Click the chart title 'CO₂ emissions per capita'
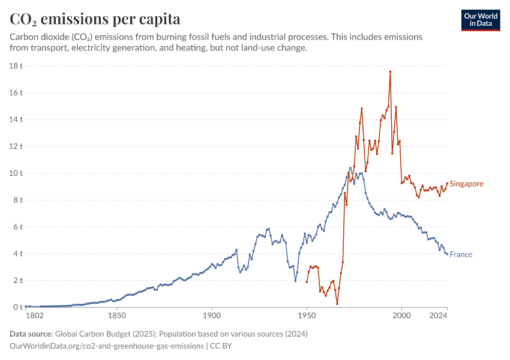click(95, 19)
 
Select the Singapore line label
click(466, 184)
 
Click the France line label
click(461, 254)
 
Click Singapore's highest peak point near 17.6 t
click(390, 71)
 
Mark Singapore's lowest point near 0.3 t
click(337, 304)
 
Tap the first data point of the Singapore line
click(307, 282)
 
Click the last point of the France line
click(447, 254)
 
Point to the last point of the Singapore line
click(447, 184)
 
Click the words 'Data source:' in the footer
click(31, 334)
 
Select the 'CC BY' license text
click(221, 346)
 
